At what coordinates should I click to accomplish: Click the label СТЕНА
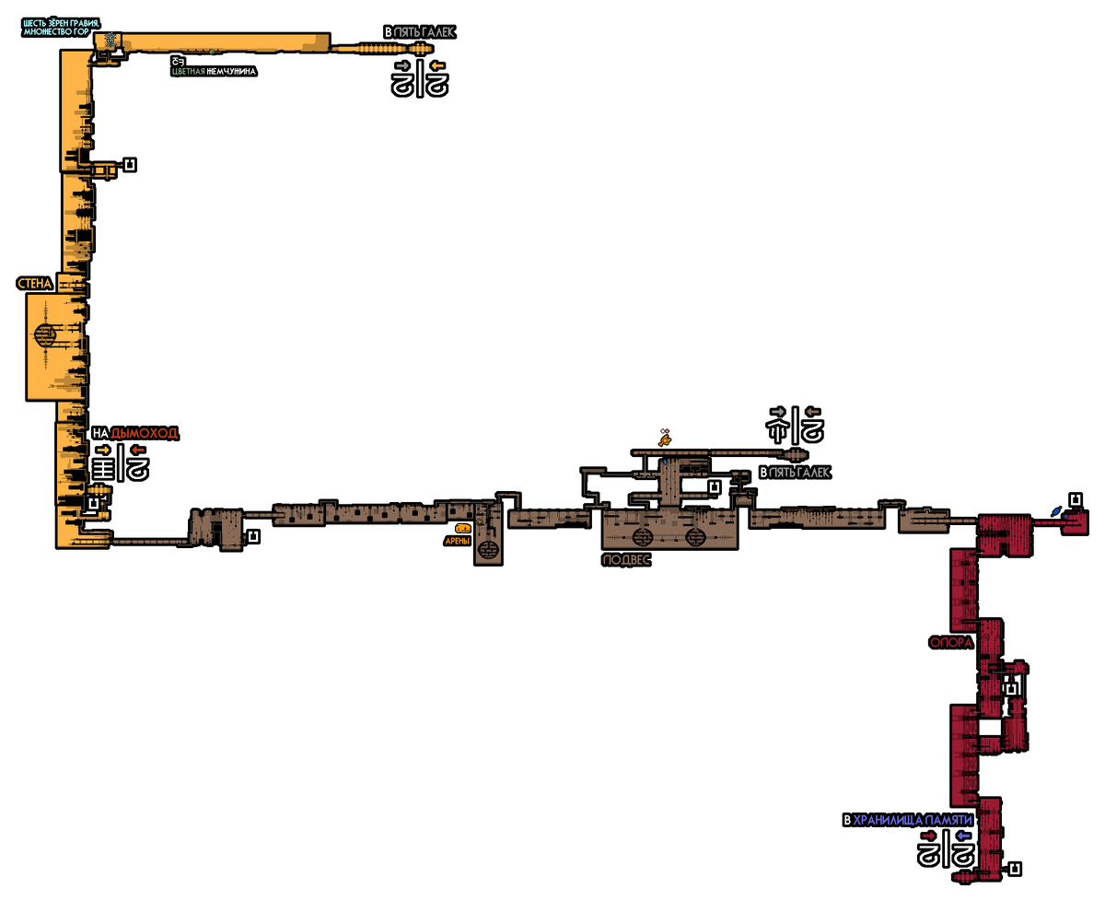(35, 284)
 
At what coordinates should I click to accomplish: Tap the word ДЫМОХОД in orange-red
(144, 433)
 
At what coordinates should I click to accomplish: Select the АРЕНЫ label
(458, 541)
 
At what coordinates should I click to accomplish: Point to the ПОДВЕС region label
(626, 559)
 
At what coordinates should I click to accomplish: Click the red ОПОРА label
(951, 643)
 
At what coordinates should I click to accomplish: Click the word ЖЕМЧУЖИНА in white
(231, 71)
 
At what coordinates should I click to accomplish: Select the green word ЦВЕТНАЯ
(189, 71)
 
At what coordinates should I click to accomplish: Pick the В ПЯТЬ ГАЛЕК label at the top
(419, 32)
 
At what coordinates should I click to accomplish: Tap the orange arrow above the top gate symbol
(436, 65)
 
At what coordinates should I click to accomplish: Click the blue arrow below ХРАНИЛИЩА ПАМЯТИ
(963, 836)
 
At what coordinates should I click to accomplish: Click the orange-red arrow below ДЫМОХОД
(138, 450)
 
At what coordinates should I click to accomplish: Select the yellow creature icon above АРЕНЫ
(462, 529)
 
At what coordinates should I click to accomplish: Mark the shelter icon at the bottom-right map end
(1015, 868)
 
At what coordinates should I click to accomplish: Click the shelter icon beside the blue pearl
(1074, 500)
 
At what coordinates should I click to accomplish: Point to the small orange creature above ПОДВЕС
(664, 439)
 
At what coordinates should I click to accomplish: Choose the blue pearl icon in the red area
(1057, 510)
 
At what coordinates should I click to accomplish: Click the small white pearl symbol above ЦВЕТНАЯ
(177, 62)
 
